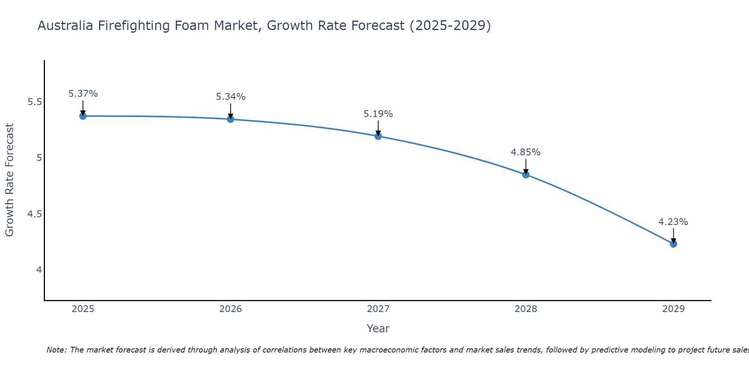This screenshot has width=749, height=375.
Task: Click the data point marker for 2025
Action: click(x=83, y=116)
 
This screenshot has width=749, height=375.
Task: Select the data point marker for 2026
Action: click(x=231, y=119)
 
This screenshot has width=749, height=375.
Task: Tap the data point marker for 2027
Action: click(x=378, y=136)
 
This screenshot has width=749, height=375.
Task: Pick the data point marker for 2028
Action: click(x=526, y=174)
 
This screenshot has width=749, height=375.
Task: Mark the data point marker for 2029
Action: click(x=673, y=244)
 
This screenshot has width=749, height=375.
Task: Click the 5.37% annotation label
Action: click(x=83, y=94)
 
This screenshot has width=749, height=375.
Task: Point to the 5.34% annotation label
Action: click(x=231, y=97)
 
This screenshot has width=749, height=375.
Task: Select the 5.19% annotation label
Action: click(x=378, y=114)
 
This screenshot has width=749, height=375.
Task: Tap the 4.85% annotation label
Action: click(x=526, y=152)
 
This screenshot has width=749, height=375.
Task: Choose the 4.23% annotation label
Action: click(x=673, y=222)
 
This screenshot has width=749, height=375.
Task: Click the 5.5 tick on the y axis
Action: click(x=34, y=102)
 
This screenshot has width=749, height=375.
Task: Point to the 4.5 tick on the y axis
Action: click(x=34, y=214)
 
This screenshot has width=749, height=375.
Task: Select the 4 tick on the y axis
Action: click(x=39, y=270)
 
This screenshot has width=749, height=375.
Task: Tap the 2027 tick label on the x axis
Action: click(x=378, y=309)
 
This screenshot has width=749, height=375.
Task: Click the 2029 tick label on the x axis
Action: click(x=673, y=309)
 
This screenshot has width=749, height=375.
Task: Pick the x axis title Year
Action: click(x=378, y=328)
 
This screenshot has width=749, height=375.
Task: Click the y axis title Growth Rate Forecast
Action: click(x=10, y=180)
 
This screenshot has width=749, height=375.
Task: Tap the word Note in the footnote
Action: click(x=56, y=350)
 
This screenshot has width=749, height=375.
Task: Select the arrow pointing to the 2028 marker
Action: click(x=526, y=166)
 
